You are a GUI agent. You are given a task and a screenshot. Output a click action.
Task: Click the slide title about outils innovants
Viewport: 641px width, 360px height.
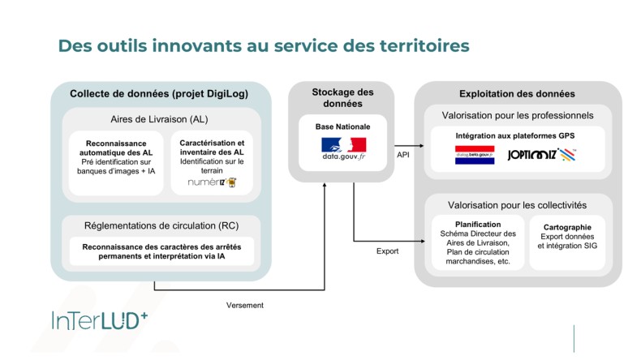tap(264, 46)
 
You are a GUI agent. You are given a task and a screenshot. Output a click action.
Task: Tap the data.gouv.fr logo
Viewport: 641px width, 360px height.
tap(343, 149)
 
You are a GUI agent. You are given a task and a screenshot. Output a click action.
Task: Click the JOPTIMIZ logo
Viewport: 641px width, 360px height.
tap(542, 154)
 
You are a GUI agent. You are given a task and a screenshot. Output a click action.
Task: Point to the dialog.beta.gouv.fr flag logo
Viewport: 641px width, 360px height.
tap(475, 154)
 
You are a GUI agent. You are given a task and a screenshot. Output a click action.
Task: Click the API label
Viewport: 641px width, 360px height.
tap(402, 153)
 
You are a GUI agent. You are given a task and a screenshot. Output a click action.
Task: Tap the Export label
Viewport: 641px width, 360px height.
tap(388, 251)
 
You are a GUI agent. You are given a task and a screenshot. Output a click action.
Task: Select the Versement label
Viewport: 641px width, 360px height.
tap(244, 305)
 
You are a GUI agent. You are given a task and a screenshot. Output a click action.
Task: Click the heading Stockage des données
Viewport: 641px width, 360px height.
tap(343, 98)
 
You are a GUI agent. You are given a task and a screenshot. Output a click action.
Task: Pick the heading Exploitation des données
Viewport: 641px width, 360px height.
tap(517, 94)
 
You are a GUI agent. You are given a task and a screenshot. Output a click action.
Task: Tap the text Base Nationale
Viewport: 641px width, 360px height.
tap(343, 126)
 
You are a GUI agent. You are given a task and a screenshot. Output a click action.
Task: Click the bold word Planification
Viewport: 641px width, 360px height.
tap(478, 224)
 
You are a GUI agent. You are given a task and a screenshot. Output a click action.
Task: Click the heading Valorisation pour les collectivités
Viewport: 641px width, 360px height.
tap(517, 205)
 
